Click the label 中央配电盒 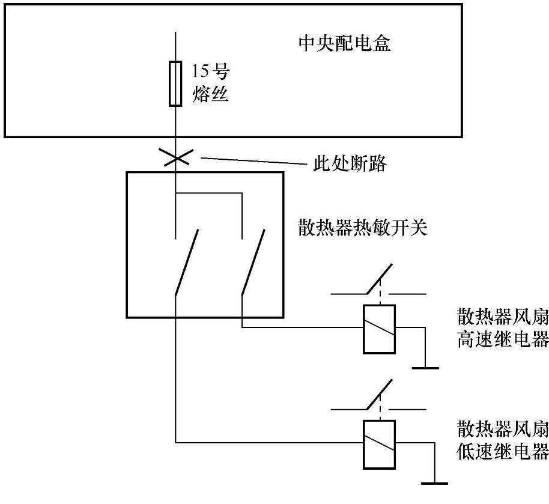point(345,43)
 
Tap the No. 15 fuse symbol point(175,83)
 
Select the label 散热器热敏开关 point(363,228)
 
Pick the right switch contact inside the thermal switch point(252,263)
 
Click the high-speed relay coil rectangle point(379,328)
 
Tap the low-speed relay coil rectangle point(379,443)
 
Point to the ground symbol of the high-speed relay point(425,367)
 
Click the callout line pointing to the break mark point(252,161)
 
